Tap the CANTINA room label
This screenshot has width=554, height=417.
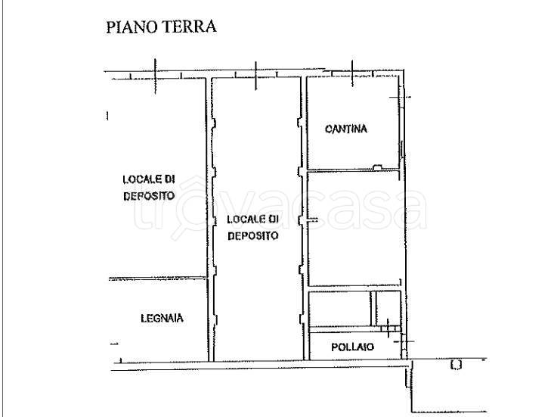(x=346, y=129)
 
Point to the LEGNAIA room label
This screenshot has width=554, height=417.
(x=162, y=318)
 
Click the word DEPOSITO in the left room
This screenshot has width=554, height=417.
(x=149, y=195)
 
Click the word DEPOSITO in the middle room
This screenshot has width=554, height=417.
(x=255, y=235)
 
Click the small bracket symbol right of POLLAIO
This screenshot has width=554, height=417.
(x=456, y=366)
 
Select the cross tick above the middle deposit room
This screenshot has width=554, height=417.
(x=256, y=73)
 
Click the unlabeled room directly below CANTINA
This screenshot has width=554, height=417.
(x=352, y=227)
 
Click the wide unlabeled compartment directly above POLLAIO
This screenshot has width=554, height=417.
(x=340, y=309)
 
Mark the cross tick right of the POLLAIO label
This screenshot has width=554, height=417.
(x=388, y=328)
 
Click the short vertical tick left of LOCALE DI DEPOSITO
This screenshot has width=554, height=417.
(x=107, y=116)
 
